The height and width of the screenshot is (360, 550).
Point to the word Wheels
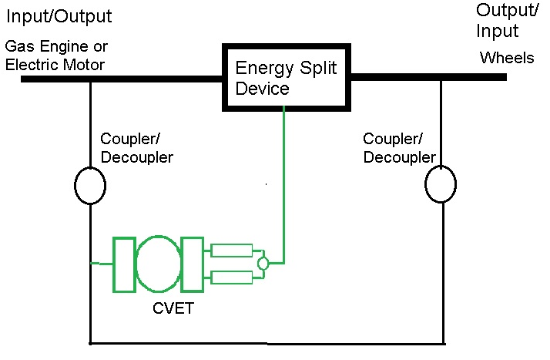point(507,58)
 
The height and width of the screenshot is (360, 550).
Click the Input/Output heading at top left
point(59,16)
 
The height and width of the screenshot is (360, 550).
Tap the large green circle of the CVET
point(159,264)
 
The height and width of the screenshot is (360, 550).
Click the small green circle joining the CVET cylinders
point(263,264)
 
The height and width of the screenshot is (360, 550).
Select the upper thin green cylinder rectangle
point(232,250)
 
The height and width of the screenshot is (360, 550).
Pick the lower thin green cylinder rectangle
point(232,278)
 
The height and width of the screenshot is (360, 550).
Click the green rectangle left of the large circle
point(124,264)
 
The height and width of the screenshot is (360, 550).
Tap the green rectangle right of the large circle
point(193,264)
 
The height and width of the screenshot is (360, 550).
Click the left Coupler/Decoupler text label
point(136,148)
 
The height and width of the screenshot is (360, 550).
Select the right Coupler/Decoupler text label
point(399,148)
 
